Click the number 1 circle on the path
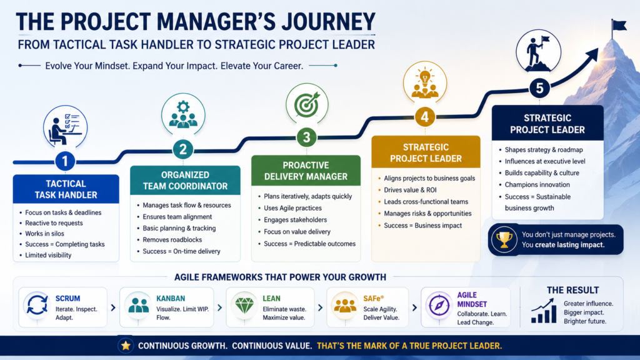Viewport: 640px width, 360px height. [64, 161]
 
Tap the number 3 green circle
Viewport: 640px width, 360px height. [306, 137]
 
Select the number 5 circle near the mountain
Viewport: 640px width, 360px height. [539, 87]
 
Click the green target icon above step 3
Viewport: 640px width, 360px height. [307, 104]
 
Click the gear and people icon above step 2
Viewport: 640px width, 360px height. [183, 114]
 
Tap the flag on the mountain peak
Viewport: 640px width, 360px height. [619, 27]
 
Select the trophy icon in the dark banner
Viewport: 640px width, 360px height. [504, 239]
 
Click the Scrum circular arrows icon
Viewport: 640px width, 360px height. [37, 306]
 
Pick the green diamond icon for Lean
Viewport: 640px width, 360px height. [244, 305]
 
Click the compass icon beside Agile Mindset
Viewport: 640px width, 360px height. [439, 305]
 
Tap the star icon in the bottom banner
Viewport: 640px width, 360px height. [126, 346]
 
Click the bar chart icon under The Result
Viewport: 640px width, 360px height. [543, 311]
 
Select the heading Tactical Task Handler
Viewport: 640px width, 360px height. [66, 189]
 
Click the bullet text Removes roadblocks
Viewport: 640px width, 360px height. [172, 239]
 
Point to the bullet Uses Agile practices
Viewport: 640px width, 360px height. [292, 208]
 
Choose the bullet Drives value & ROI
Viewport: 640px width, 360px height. [410, 190]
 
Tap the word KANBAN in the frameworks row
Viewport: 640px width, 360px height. [171, 298]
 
